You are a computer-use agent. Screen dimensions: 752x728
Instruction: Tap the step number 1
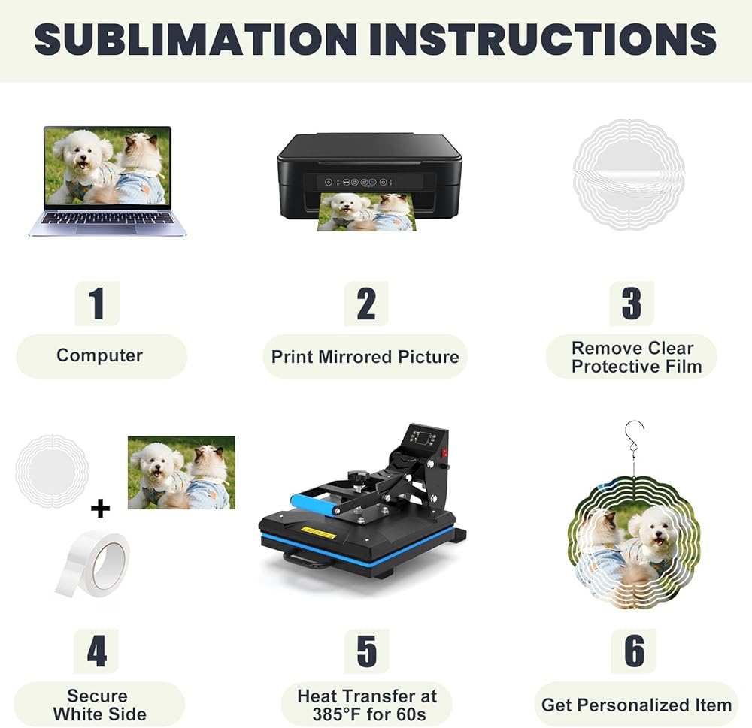[x=97, y=304]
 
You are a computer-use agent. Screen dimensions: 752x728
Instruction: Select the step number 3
[x=632, y=304]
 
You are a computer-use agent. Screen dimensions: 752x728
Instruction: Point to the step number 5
[x=366, y=651]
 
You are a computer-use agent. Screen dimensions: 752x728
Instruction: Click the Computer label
[x=100, y=355]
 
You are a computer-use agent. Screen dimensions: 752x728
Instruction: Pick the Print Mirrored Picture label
[x=365, y=357]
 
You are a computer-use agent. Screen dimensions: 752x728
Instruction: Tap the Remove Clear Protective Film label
[x=636, y=357]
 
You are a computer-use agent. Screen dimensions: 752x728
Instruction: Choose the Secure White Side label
[x=100, y=705]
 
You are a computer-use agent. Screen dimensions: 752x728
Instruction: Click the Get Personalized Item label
[x=636, y=705]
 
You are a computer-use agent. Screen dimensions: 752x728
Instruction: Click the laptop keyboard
[x=108, y=219]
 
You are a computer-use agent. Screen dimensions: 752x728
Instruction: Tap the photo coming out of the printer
[x=367, y=211]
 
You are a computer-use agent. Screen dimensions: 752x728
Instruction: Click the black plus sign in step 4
[x=100, y=509]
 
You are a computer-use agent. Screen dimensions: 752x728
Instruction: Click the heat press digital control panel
[x=420, y=437]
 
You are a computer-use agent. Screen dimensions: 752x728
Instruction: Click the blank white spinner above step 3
[x=629, y=174]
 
